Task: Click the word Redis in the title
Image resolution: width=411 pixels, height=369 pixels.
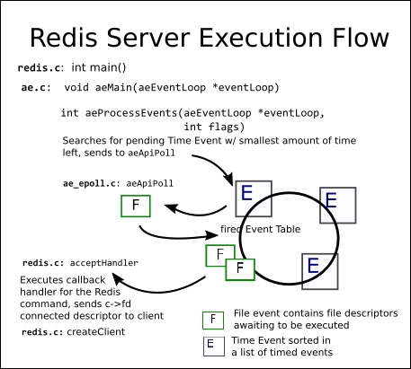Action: (x=64, y=38)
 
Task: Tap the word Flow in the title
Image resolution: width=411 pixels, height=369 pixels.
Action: (x=361, y=38)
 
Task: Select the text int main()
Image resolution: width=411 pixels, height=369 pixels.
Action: (x=99, y=67)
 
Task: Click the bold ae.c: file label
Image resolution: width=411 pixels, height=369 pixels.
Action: (x=36, y=88)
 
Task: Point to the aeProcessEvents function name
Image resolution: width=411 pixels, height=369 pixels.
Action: (x=131, y=113)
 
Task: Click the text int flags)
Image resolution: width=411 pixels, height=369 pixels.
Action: (x=214, y=127)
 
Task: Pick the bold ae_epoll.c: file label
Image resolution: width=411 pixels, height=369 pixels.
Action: (x=89, y=183)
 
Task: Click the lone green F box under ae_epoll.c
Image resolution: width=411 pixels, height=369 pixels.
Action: (x=136, y=206)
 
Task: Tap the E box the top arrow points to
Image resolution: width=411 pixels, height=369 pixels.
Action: (x=254, y=198)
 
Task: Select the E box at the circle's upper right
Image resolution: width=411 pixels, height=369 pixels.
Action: (x=338, y=206)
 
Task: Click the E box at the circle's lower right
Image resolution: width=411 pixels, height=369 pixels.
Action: (x=320, y=271)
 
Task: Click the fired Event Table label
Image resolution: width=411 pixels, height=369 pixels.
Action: (x=260, y=229)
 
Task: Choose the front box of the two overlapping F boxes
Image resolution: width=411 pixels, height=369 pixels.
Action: (x=240, y=269)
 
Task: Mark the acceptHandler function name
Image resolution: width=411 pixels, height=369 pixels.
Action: (x=104, y=263)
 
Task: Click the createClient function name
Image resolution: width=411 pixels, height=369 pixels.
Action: (x=96, y=332)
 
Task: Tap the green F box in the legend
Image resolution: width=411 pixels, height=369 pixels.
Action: (x=213, y=321)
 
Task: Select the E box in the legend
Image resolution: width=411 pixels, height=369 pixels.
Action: (x=214, y=347)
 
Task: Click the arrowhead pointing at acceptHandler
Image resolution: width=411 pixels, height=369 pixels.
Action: (x=118, y=278)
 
